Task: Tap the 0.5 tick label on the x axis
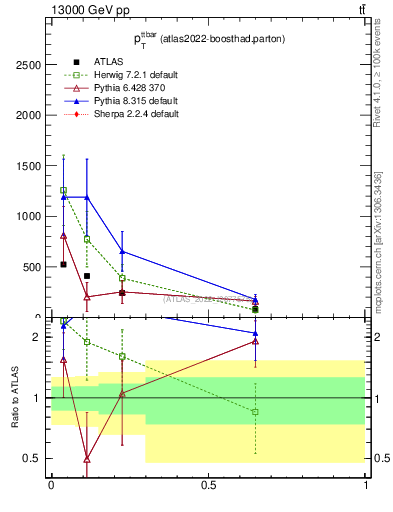point(208,485)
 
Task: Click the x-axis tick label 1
point(366,485)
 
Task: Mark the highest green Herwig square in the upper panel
point(64,190)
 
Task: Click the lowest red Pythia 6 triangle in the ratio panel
point(87,459)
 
